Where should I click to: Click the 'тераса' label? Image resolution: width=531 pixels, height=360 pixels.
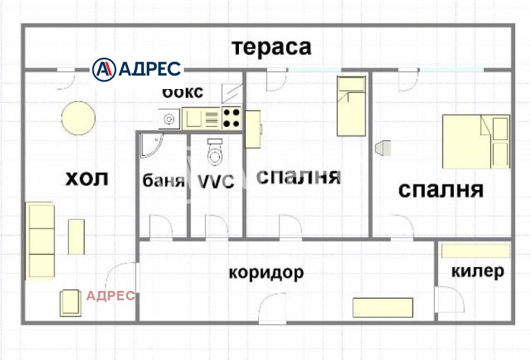271,48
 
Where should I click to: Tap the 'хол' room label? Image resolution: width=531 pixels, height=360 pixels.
86,179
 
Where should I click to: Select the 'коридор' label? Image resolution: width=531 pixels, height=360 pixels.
266,272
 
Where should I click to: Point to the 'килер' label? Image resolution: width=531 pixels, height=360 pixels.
477,272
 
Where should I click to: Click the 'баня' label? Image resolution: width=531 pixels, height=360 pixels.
163,181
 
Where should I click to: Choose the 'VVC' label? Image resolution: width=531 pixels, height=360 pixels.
216,181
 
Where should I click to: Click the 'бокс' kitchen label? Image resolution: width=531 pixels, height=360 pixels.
183,92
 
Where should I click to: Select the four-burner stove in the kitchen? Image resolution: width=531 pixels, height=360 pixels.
231,118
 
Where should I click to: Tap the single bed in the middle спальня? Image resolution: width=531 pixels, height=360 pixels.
351,106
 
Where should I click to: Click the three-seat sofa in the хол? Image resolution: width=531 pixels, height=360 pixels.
40,241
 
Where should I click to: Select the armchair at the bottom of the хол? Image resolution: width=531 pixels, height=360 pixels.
70,303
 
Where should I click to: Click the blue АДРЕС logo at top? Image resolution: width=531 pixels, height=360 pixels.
137,68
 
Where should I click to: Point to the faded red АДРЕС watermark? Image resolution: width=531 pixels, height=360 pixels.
111,296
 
